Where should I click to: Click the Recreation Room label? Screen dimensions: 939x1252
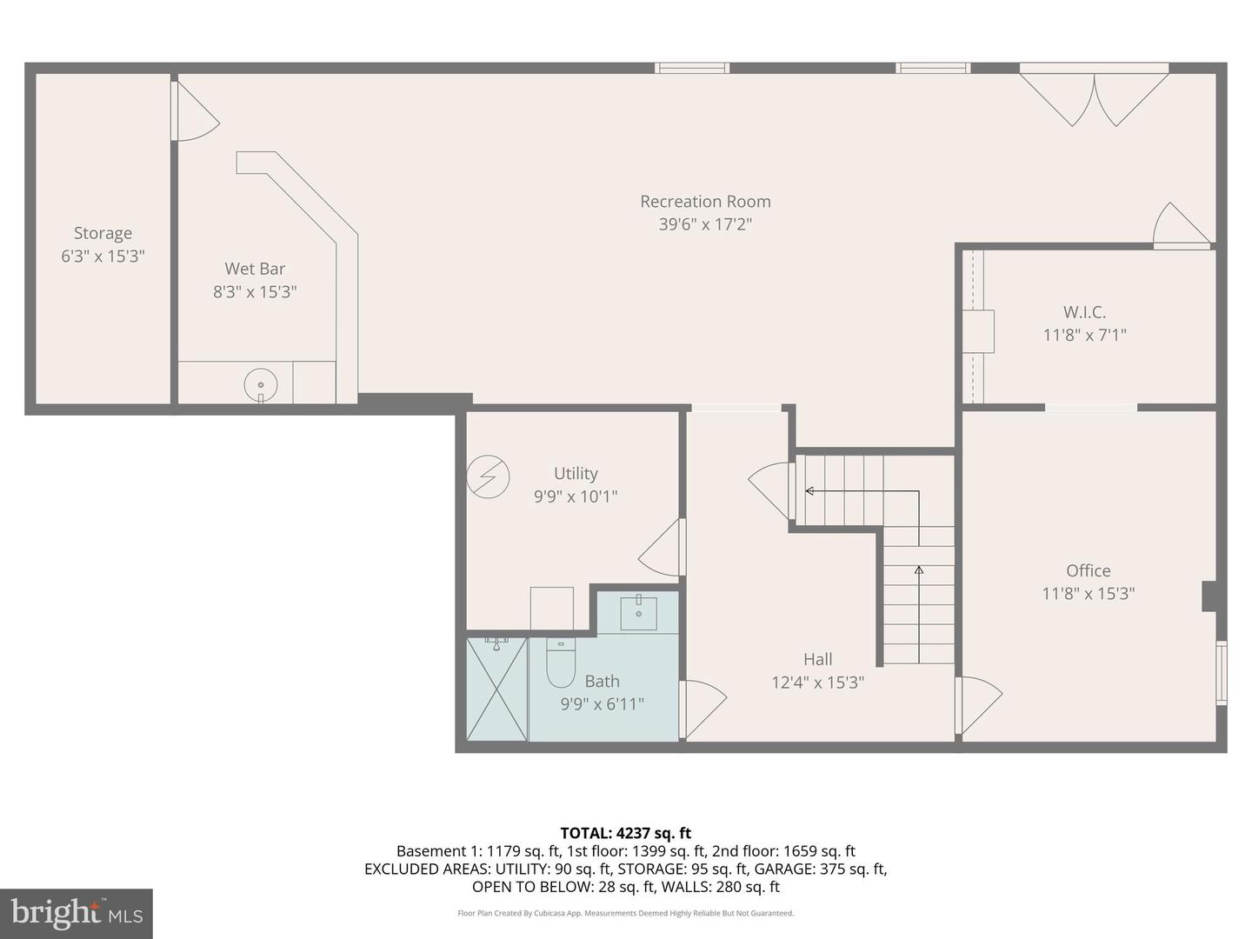[705, 202]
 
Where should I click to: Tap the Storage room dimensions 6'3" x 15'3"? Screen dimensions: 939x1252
[103, 256]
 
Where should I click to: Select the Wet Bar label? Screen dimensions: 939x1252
[255, 269]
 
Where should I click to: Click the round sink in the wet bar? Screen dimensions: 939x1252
[261, 384]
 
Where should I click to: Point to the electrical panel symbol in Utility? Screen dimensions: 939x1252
[488, 477]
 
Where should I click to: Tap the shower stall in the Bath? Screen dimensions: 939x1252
[497, 689]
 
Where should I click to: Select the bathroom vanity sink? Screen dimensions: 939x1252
[638, 612]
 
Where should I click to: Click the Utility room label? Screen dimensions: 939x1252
[576, 473]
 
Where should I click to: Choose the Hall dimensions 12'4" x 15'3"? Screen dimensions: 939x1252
[817, 683]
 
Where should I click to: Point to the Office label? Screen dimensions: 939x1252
[1089, 570]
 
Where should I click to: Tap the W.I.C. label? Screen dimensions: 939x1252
[1085, 312]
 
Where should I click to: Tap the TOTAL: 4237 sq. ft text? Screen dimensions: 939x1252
[625, 833]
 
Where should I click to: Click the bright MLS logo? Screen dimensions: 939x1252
[77, 913]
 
